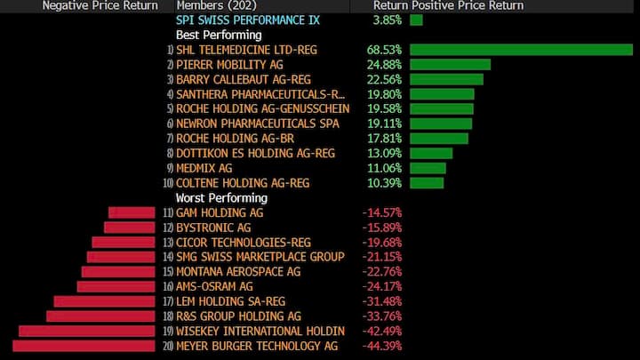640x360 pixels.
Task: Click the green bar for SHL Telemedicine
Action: coord(521,49)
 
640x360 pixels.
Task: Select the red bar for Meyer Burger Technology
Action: coord(84,346)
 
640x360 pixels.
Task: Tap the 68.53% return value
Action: coord(384,49)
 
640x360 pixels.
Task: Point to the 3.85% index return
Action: coord(388,20)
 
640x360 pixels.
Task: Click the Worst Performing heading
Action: coord(221,197)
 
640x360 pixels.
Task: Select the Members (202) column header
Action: coord(211,5)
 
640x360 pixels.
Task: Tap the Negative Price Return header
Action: coord(100,5)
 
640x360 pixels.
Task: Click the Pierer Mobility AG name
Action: coord(230,64)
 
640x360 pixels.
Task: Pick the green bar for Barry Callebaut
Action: coord(447,79)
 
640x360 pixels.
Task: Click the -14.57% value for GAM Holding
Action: coord(381,212)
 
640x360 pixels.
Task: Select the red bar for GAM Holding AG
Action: coord(132,212)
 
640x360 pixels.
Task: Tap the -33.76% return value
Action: coord(381,316)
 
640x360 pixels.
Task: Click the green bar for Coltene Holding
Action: coord(427,183)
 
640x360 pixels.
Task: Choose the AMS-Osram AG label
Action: coord(214,286)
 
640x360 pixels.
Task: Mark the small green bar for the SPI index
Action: coord(417,20)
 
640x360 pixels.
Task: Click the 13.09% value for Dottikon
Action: coord(384,153)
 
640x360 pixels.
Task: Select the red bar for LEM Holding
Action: coord(104,301)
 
